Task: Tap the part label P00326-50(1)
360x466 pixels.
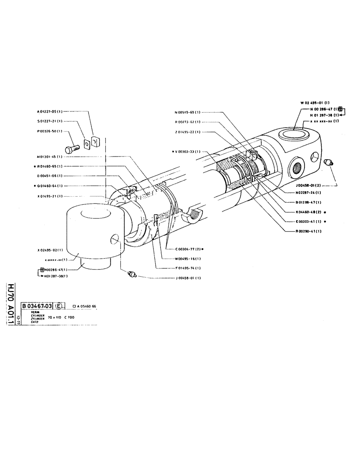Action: (x=50, y=131)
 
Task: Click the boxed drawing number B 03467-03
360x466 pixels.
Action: (x=36, y=306)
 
